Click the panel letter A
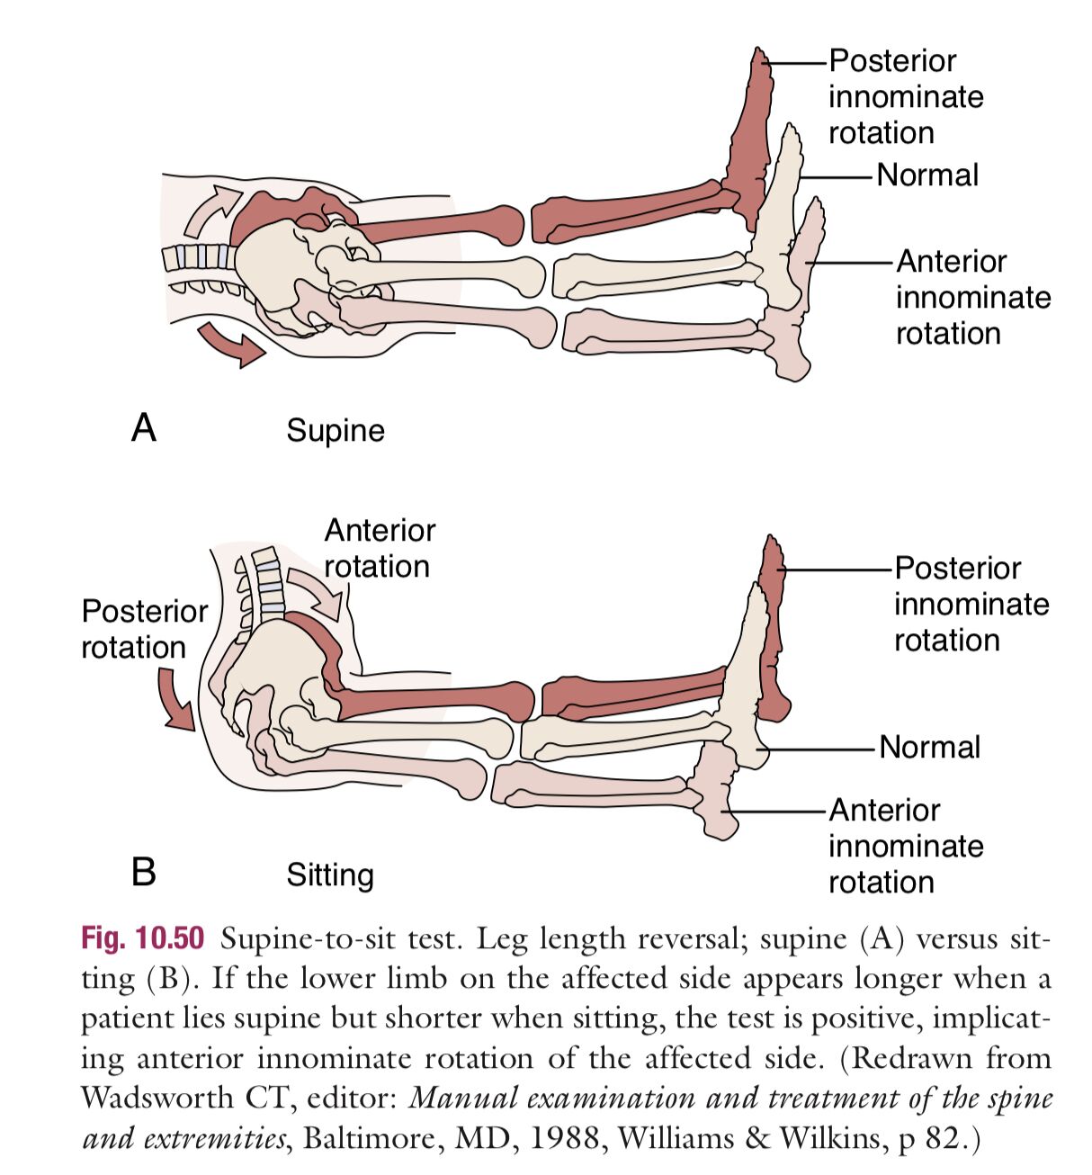(144, 426)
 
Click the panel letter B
(144, 871)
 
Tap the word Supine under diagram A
(335, 430)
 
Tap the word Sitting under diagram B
(329, 875)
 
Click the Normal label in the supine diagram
(927, 175)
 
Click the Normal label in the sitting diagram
(929, 747)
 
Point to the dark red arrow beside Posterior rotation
(175, 701)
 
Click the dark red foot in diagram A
(750, 144)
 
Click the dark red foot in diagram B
(772, 630)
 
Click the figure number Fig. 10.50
(142, 938)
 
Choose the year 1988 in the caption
(562, 1138)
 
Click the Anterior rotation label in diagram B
(379, 548)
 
